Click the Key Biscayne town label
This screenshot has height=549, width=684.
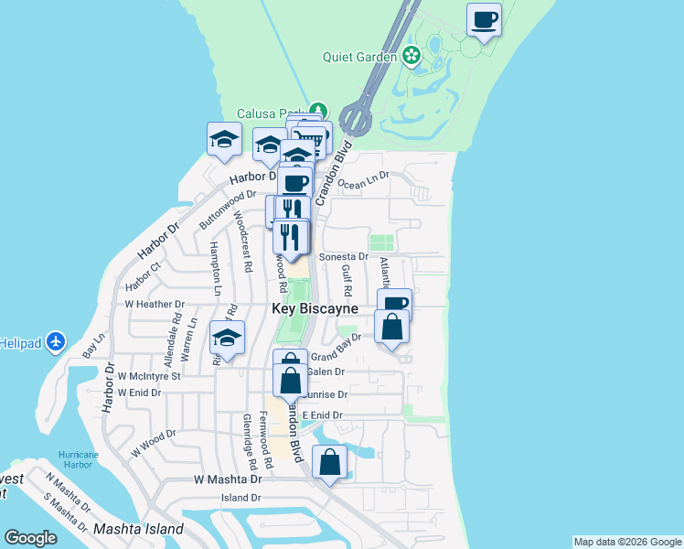click(315, 309)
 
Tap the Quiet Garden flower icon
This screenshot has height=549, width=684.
click(411, 56)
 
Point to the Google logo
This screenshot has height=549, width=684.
click(30, 538)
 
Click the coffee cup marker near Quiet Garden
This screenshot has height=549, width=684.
click(484, 19)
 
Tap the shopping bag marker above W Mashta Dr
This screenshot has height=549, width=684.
click(330, 462)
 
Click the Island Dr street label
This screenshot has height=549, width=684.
click(241, 499)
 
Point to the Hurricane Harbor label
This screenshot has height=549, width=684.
click(78, 459)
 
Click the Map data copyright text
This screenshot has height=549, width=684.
click(627, 542)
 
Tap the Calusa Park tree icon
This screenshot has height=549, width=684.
click(317, 110)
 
